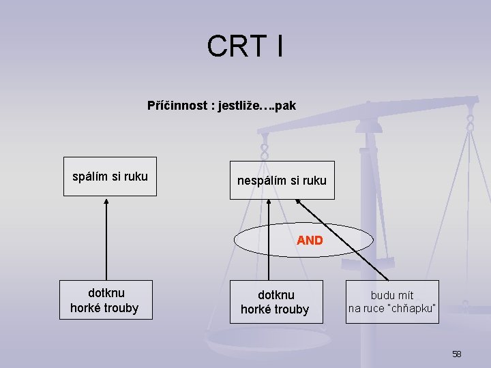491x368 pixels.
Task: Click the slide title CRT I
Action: click(245, 46)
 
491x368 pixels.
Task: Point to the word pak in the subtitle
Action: click(286, 106)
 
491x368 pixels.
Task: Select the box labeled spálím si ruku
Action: click(110, 177)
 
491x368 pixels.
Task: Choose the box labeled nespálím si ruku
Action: click(282, 181)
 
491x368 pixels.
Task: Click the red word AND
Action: click(310, 240)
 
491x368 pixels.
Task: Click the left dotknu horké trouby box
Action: click(104, 300)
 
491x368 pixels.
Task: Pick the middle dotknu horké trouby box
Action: click(276, 301)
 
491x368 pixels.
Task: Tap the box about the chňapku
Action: click(392, 301)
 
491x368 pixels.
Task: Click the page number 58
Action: click(456, 354)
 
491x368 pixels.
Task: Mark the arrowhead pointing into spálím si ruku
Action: click(106, 201)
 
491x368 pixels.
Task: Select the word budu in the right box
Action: click(382, 295)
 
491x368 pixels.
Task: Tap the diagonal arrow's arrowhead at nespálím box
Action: click(299, 202)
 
